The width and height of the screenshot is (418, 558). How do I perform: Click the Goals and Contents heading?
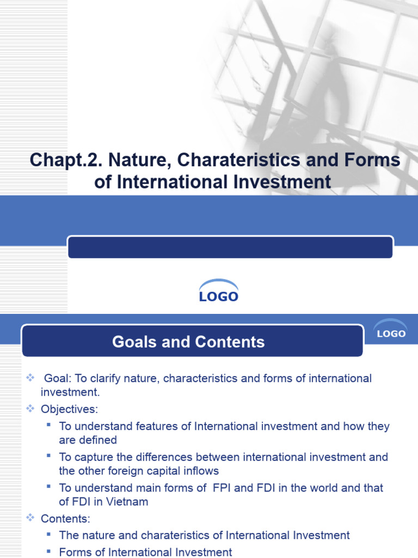coord(188,342)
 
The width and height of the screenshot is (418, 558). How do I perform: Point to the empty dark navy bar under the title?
coord(230,247)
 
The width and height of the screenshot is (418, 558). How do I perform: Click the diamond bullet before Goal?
coord(30,378)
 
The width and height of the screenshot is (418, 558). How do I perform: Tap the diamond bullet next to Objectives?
coord(30,408)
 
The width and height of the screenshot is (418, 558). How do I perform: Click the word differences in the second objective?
coord(165,457)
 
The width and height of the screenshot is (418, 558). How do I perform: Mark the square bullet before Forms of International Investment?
coord(49,551)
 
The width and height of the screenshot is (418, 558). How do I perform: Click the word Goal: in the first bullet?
coord(58,378)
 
